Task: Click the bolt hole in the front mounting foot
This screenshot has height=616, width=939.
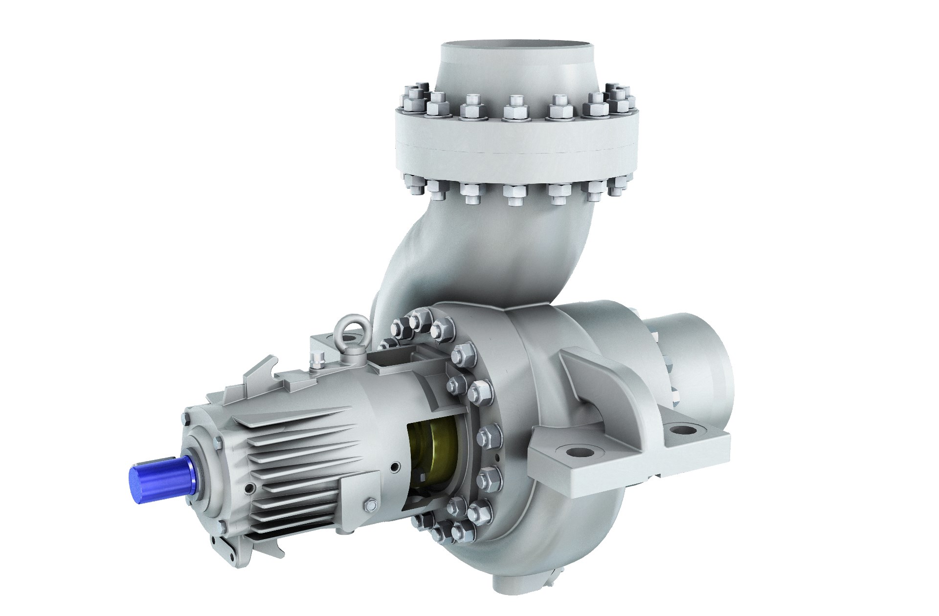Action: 578,451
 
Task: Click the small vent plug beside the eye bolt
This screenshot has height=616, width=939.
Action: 318,359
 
